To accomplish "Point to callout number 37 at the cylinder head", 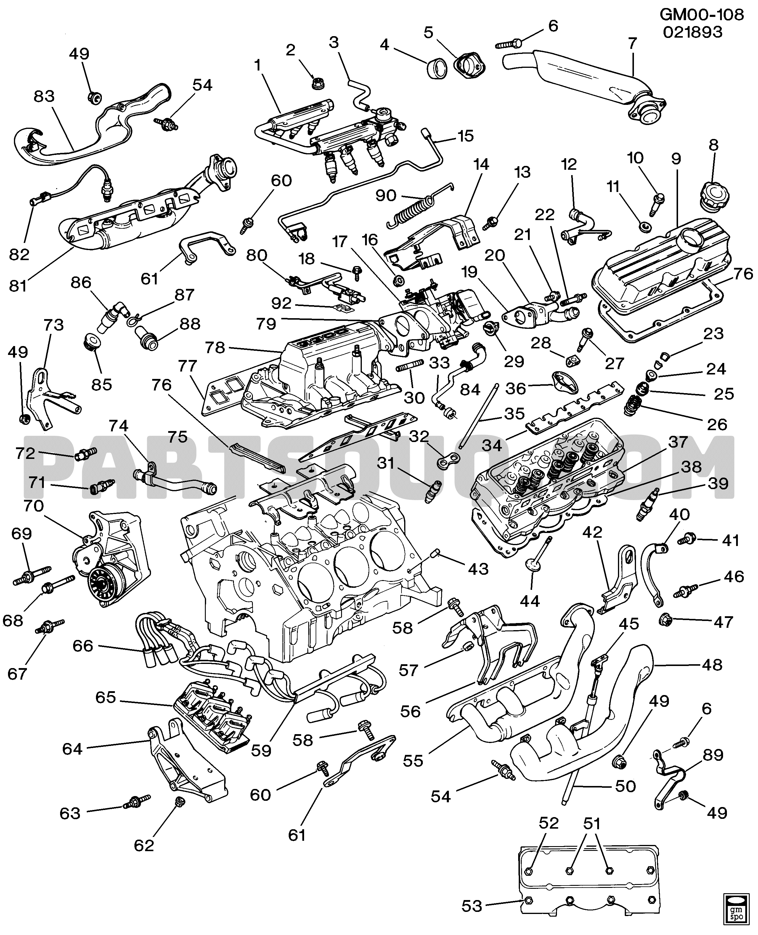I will tap(678, 442).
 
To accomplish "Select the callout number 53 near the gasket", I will tap(472, 907).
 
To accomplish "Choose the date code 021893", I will tap(693, 32).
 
